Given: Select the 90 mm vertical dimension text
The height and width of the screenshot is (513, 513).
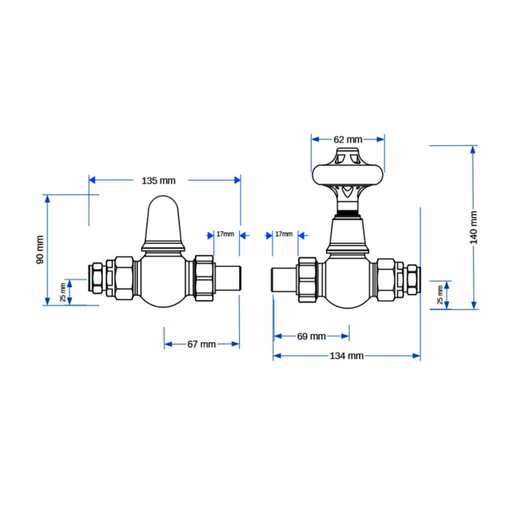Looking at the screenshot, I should click(40, 249).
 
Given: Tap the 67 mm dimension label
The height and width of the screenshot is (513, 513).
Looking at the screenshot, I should click(201, 344).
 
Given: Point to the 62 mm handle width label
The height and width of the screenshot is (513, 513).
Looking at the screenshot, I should click(347, 139).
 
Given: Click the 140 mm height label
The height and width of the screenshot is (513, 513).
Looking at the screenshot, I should click(474, 227).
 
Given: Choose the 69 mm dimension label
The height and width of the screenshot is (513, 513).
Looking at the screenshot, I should click(312, 336).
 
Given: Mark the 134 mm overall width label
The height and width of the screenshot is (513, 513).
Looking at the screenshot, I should click(346, 356).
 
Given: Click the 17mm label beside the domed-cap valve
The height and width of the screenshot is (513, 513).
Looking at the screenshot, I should click(225, 234).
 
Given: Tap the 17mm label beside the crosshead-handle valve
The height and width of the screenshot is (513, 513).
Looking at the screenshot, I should click(283, 234).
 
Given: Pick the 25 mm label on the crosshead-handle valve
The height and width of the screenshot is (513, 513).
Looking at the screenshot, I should click(440, 294).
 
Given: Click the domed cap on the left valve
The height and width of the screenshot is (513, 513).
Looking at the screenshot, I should click(165, 221).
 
